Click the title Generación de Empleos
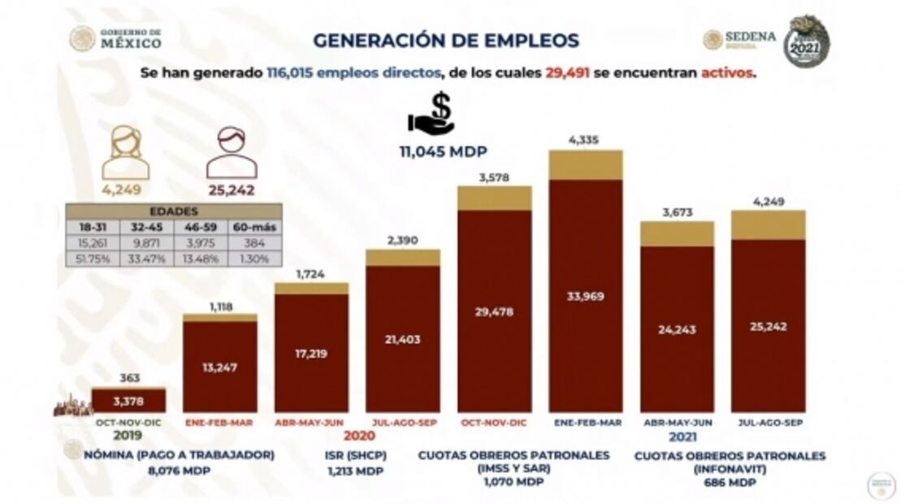pos(446,40)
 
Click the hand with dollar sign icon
pos(432,114)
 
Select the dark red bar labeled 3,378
pos(128,400)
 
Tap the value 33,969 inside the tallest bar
pos(585,296)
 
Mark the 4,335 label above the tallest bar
pos(585,141)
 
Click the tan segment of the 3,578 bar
pos(494,198)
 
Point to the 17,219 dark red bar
pos(311,353)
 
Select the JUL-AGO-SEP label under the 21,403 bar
pos(403,423)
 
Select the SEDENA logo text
pos(750,37)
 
